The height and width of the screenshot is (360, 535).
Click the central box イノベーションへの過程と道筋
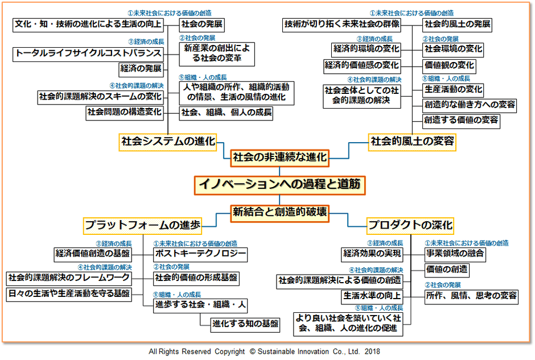(278, 184)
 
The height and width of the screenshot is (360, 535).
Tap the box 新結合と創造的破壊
(279, 212)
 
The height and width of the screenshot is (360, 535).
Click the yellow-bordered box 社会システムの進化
(168, 141)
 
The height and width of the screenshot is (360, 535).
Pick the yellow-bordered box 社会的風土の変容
(413, 141)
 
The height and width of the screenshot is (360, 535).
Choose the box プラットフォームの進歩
(143, 225)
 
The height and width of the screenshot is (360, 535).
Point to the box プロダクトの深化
(410, 225)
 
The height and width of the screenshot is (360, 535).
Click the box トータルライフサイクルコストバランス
(88, 53)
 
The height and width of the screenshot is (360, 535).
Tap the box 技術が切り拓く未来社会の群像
(341, 24)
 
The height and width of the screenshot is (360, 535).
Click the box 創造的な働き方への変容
(470, 105)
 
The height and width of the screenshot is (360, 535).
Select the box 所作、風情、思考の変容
(472, 295)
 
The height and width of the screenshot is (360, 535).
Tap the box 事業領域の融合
(455, 254)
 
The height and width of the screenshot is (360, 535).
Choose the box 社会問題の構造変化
(125, 112)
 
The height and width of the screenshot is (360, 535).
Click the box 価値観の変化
(449, 65)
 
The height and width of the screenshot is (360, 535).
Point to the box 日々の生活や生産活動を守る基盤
(68, 294)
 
